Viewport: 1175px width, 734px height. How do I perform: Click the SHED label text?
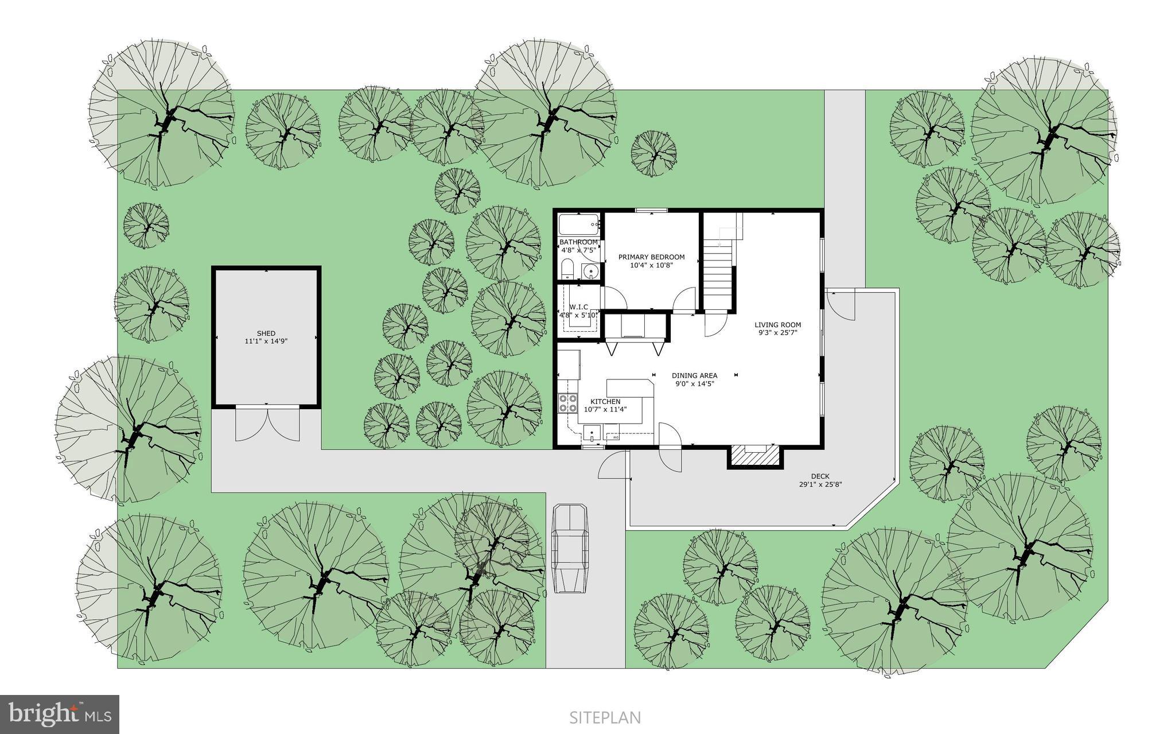tap(266, 333)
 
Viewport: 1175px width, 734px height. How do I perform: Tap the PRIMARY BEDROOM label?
tap(651, 257)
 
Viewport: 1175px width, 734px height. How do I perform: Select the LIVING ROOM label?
tap(777, 325)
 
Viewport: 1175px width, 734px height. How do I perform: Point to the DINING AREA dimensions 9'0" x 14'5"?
tap(694, 384)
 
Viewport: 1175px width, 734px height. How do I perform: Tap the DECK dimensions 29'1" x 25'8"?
tap(820, 484)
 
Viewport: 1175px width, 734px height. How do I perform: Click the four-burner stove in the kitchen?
tap(568, 403)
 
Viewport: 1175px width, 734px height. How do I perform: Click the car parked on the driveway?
tap(569, 548)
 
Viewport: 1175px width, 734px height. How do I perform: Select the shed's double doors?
tap(267, 423)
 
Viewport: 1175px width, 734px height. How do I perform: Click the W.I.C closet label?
tap(578, 307)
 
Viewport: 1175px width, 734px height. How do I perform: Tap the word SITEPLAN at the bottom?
tap(605, 717)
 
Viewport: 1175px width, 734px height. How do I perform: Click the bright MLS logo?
tap(60, 714)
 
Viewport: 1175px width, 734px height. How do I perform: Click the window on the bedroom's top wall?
tap(651, 211)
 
